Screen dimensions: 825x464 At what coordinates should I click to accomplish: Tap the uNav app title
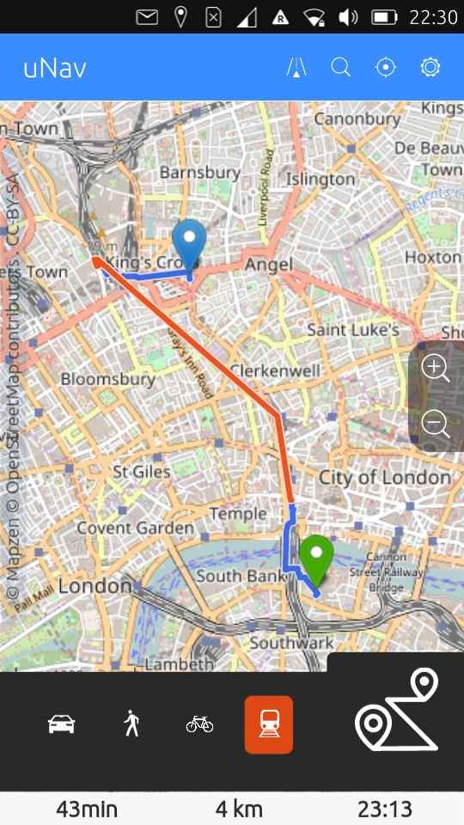pos(55,68)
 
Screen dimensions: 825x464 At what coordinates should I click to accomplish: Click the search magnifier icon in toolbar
pos(341,68)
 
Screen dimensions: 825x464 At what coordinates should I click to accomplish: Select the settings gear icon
pos(430,68)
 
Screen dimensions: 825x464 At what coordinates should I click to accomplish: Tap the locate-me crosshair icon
pos(386,68)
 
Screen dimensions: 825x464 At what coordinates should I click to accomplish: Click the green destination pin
pos(317,557)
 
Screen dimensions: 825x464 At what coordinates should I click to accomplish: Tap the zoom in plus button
pos(436,369)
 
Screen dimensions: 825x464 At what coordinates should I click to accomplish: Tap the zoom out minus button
pos(436,424)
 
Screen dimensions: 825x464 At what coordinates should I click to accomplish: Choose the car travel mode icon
pos(61,724)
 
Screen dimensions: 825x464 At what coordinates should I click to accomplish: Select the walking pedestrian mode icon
pos(131,724)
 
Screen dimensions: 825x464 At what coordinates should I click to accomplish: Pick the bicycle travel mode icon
pos(199,724)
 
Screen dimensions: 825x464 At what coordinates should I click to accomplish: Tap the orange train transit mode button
pos(269,724)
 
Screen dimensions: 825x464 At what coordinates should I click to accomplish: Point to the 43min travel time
pos(87,809)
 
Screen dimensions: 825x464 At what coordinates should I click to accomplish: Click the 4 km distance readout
pos(239,809)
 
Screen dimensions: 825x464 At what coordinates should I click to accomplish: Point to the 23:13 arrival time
pos(385,809)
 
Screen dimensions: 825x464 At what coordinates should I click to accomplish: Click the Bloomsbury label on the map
pos(107,379)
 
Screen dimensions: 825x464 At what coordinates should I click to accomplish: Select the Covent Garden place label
pos(136,528)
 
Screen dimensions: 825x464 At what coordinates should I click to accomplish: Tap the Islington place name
pos(321,179)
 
